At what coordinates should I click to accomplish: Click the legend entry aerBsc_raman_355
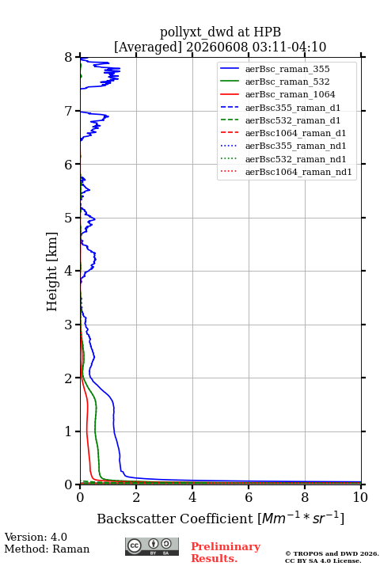pyautogui.click(x=287, y=69)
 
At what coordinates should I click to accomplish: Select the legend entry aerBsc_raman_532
pyautogui.click(x=287, y=82)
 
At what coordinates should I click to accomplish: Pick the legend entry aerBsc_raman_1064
pyautogui.click(x=291, y=94)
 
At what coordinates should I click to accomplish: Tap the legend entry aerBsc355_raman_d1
pyautogui.click(x=293, y=108)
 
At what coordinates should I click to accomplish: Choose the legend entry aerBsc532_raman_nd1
pyautogui.click(x=295, y=159)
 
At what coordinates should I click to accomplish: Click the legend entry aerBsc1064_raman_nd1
pyautogui.click(x=298, y=172)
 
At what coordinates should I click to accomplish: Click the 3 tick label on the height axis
pyautogui.click(x=69, y=325)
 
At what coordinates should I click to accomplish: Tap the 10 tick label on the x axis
pyautogui.click(x=360, y=497)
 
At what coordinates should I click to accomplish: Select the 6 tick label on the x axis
pyautogui.click(x=249, y=497)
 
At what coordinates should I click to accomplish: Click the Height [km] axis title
pyautogui.click(x=51, y=272)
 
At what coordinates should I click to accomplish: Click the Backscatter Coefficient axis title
pyautogui.click(x=220, y=518)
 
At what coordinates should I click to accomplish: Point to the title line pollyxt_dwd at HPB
pyautogui.click(x=220, y=32)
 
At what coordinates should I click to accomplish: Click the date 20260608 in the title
pyautogui.click(x=217, y=47)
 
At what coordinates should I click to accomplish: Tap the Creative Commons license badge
pyautogui.click(x=152, y=546)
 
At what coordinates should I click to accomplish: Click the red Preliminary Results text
pyautogui.click(x=226, y=553)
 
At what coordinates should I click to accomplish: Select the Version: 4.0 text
pyautogui.click(x=36, y=537)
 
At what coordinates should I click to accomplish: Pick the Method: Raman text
pyautogui.click(x=47, y=549)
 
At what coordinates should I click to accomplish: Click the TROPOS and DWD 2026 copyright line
pyautogui.click(x=332, y=553)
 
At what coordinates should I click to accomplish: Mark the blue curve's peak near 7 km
pyautogui.click(x=108, y=116)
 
